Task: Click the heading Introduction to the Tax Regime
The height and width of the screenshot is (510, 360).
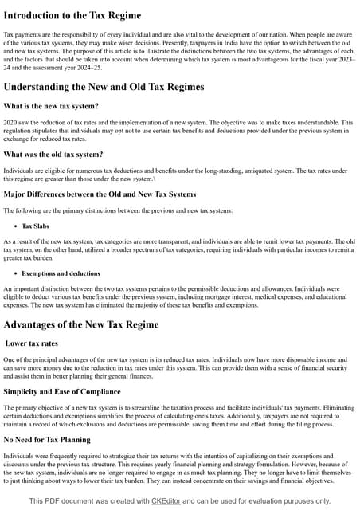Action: click(72, 15)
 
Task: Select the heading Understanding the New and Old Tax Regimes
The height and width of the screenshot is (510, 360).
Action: click(104, 86)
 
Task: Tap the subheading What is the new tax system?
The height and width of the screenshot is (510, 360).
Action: click(51, 106)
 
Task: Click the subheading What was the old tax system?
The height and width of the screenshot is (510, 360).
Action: click(53, 154)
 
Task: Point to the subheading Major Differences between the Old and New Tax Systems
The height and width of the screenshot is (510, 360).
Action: click(99, 193)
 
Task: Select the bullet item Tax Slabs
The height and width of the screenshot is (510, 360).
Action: click(39, 226)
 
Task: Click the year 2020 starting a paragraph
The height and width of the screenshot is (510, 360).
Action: click(10, 122)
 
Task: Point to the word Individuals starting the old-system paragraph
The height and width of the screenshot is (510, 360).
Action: click(19, 170)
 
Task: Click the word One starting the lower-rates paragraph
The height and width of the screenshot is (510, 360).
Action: click(10, 359)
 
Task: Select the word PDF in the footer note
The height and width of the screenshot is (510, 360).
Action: click(59, 500)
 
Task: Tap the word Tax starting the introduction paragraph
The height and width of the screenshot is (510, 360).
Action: click(10, 36)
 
